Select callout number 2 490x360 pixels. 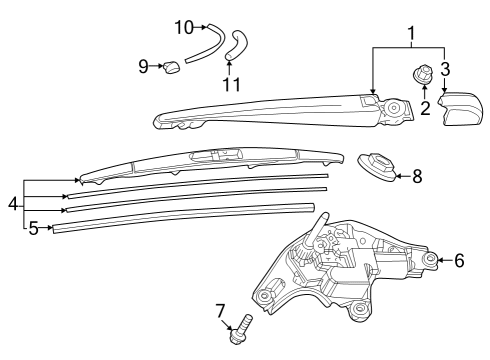pyautogui.click(x=425, y=107)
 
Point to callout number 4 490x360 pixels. pyautogui.click(x=13, y=204)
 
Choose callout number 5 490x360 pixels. pyautogui.click(x=33, y=228)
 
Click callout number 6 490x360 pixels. pyautogui.click(x=459, y=260)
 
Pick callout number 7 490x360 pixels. pyautogui.click(x=221, y=310)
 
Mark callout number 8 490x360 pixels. pyautogui.click(x=417, y=176)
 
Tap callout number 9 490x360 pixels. pyautogui.click(x=144, y=66)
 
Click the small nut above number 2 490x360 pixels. pyautogui.click(x=424, y=73)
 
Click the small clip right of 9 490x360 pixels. pyautogui.click(x=173, y=66)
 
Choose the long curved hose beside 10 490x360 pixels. pyautogui.click(x=206, y=45)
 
